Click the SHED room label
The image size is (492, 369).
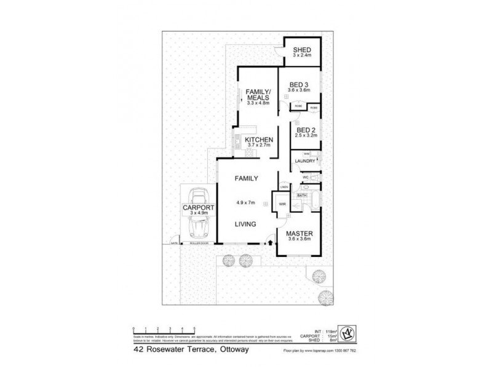coord(301,50)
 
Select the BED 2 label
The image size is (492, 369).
coord(305,130)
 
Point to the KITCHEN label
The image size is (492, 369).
coord(259,141)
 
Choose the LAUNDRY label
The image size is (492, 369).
coord(305,161)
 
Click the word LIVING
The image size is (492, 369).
coord(245,224)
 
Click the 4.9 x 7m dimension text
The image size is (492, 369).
coord(245,202)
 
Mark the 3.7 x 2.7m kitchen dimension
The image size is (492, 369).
coord(259,148)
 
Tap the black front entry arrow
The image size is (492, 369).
coord(269,244)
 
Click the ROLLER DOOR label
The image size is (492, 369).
coord(198,245)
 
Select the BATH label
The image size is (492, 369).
coord(301,196)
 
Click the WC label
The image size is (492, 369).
coord(304,178)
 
